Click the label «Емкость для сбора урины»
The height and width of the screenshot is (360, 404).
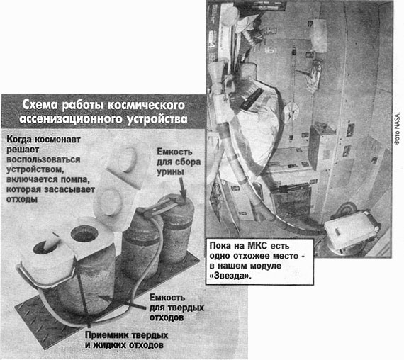pyautogui.click(x=179, y=162)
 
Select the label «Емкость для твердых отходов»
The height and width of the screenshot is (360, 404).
pyautogui.click(x=176, y=308)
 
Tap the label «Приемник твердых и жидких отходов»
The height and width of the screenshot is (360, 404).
pyautogui.click(x=126, y=340)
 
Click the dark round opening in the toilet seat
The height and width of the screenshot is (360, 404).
pyautogui.click(x=84, y=234)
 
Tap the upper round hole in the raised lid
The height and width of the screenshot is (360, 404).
pyautogui.click(x=127, y=159)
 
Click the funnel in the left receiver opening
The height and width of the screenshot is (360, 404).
pyautogui.click(x=51, y=241)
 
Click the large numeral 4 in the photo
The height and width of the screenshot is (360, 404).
pyautogui.click(x=214, y=46)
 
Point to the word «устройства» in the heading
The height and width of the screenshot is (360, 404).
pyautogui.click(x=157, y=119)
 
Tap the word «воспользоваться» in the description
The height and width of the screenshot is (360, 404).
pyautogui.click(x=43, y=159)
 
